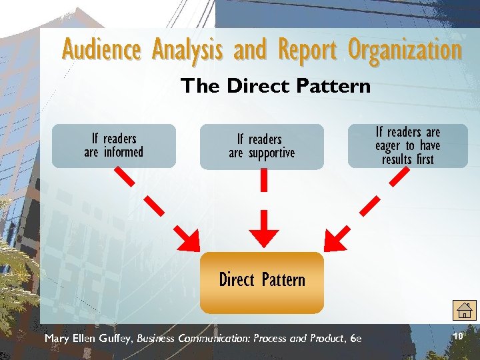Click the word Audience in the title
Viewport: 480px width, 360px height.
(x=101, y=49)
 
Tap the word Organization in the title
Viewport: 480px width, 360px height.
(x=405, y=50)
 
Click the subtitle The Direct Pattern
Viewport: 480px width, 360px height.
(x=275, y=86)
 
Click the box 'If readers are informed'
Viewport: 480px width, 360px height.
(x=114, y=145)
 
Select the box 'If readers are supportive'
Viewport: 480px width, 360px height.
(x=261, y=146)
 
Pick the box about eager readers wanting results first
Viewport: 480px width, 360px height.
(x=407, y=145)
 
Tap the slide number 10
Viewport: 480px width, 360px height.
(x=457, y=319)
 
